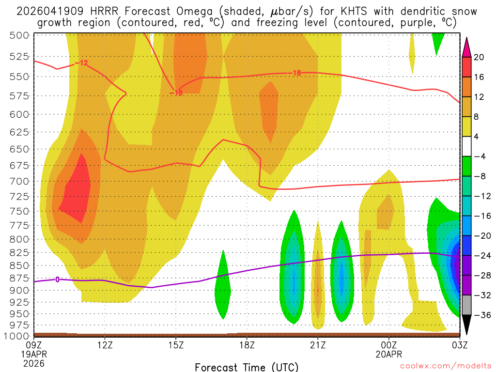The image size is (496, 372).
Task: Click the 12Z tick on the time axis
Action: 105,345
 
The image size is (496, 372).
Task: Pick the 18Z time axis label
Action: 247,345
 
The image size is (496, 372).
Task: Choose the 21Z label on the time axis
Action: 318,345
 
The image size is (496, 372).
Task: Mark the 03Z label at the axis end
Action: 459,345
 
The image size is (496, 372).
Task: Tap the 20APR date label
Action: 389,354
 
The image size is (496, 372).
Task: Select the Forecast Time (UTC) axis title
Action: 247,367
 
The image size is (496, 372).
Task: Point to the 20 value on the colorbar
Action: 480,57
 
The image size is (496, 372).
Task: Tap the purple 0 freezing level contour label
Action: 58,279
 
